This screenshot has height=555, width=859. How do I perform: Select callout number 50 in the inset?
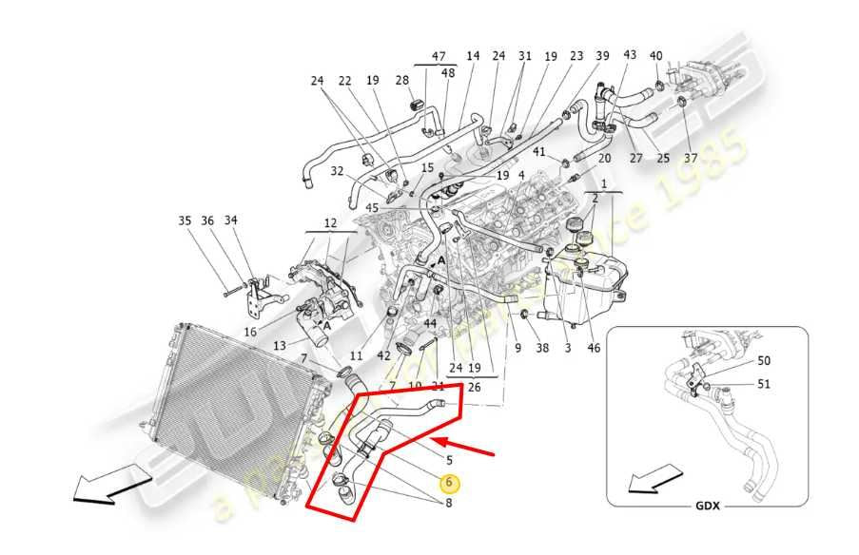(764, 360)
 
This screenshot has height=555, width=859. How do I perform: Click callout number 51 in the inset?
(764, 385)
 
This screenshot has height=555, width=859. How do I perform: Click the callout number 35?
(185, 221)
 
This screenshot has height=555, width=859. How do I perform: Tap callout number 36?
(206, 221)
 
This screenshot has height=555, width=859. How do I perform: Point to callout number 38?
(542, 349)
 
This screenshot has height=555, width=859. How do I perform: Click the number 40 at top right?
(656, 56)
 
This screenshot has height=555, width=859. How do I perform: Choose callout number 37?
(691, 158)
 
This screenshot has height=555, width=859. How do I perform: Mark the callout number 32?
(338, 171)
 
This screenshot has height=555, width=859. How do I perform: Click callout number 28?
(402, 81)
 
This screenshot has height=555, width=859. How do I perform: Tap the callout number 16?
(250, 332)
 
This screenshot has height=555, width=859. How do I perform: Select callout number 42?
(383, 355)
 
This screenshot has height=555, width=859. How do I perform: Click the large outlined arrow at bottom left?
(105, 485)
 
